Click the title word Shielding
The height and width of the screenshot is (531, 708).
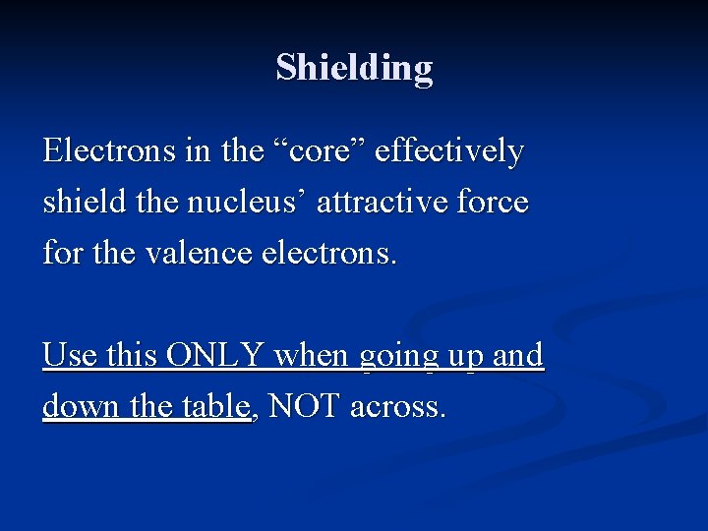point(354,68)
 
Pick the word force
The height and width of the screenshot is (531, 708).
point(492,204)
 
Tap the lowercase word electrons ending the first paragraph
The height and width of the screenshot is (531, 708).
point(329,255)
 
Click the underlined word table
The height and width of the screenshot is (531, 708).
point(216,406)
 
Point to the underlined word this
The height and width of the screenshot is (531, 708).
point(132,355)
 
